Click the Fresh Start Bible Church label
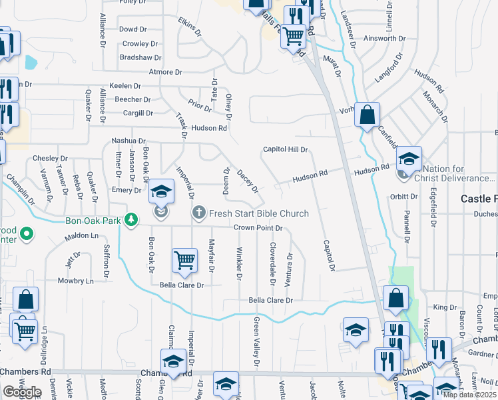258,213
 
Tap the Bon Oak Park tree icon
132,219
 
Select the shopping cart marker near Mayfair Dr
184,261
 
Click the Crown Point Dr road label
258,228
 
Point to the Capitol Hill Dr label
285,150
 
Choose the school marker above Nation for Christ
409,159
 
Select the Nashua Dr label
128,141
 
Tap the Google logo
22,392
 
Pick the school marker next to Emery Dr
161,192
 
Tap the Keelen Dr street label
125,86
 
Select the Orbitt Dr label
404,197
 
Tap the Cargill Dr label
138,113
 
